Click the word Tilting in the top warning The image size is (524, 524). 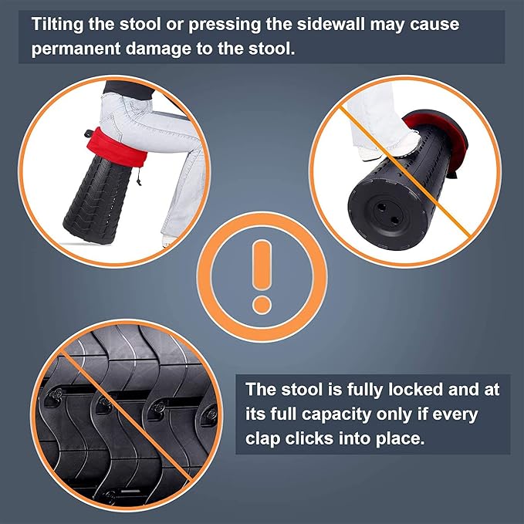pos(57,25)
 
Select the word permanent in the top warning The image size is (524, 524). pos(76,49)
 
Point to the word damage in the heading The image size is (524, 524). pos(158,49)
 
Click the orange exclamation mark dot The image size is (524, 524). pos(262,305)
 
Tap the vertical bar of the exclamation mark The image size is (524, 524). pos(262,265)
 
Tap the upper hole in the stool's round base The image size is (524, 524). pos(380,208)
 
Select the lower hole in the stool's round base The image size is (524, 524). pos(394,220)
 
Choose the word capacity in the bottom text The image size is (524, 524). pos(336,414)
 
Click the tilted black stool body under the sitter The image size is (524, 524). pos(97,201)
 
